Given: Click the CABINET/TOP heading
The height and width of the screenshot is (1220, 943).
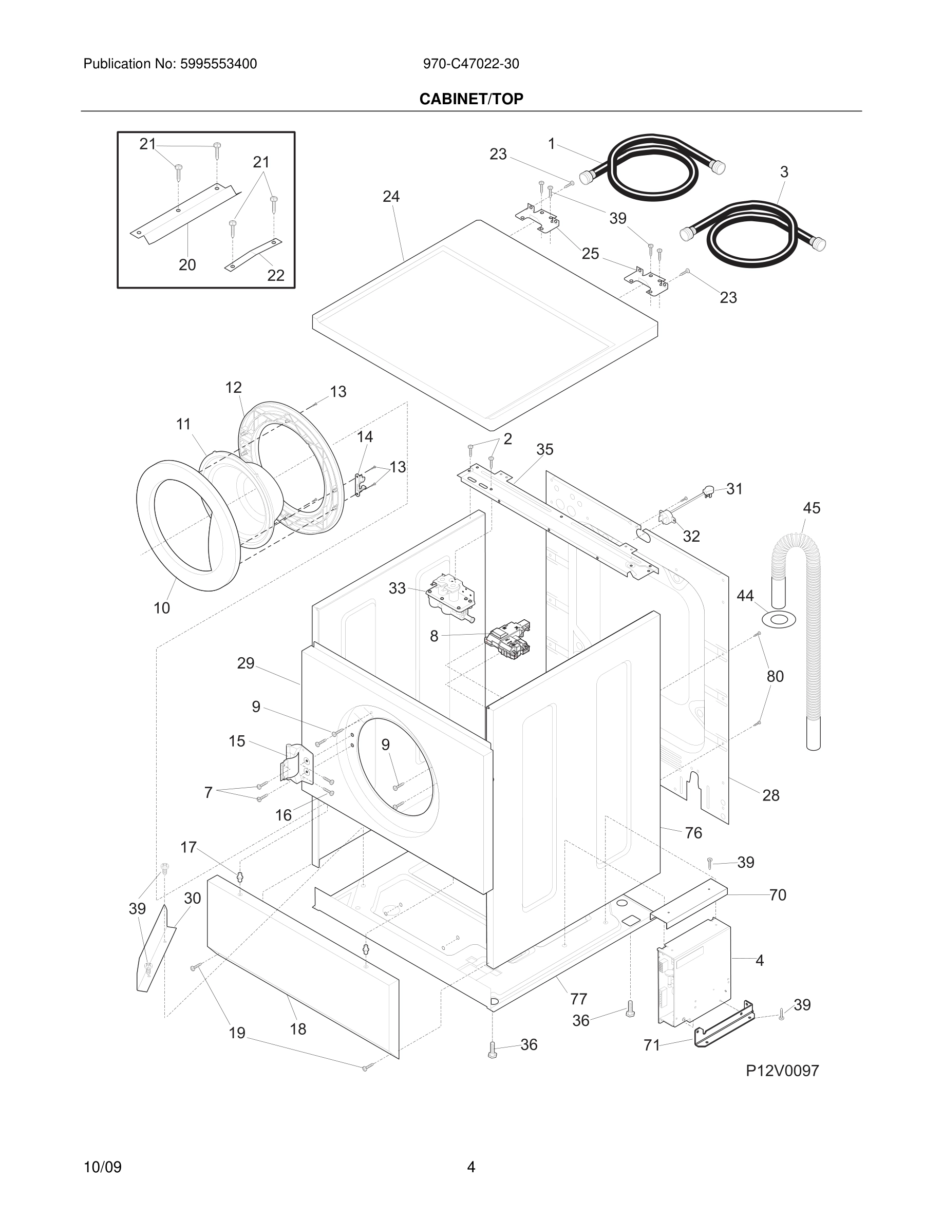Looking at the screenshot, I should [471, 99].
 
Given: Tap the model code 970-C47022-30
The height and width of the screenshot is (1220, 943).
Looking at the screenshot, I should [470, 64].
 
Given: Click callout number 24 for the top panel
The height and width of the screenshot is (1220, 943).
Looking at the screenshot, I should [391, 197].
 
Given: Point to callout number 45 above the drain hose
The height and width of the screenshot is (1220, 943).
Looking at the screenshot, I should [811, 508].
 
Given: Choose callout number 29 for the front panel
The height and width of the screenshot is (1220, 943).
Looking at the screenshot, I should [246, 663].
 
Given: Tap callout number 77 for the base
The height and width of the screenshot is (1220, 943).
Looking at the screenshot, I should [578, 998].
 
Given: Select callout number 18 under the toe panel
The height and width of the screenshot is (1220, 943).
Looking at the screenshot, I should [298, 1029].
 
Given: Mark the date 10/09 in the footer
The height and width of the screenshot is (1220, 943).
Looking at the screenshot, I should [102, 1168].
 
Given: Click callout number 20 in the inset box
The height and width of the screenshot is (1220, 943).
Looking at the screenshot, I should [187, 265].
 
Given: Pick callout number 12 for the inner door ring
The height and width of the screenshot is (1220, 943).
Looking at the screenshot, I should [234, 387].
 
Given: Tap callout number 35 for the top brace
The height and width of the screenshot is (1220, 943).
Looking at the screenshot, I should [544, 449].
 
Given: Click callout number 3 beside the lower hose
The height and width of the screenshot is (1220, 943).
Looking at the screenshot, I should [784, 173].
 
